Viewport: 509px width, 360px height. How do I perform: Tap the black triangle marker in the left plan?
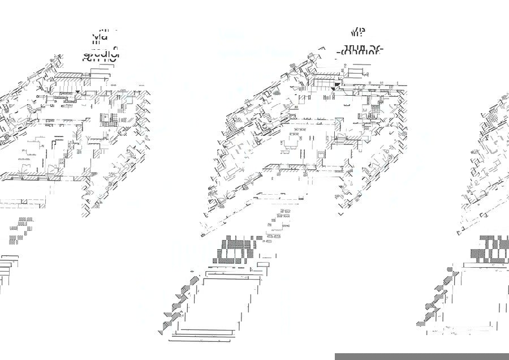78,92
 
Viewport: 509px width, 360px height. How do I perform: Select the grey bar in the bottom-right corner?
421,357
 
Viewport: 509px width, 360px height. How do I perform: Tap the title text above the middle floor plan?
360,43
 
